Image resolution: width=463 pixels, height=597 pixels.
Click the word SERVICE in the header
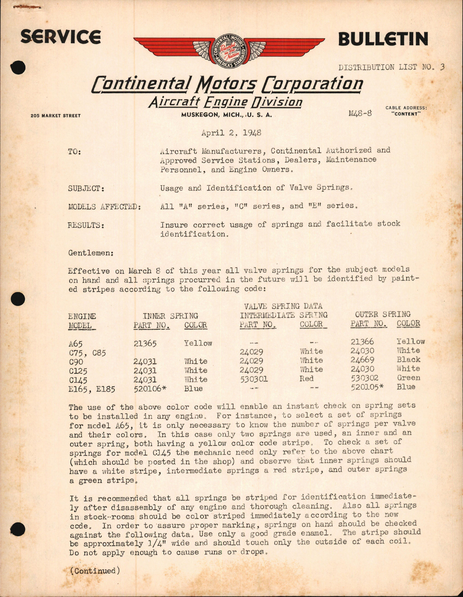(x=61, y=37)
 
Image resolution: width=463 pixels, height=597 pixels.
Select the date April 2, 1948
(x=231, y=133)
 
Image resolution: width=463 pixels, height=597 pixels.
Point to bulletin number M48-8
(x=360, y=113)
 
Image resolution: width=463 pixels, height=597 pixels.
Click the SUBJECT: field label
(x=86, y=188)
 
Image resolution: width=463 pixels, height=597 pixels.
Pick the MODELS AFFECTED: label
(x=104, y=207)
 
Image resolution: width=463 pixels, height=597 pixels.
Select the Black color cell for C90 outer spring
(x=408, y=359)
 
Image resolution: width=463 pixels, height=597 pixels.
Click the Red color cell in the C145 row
(x=306, y=379)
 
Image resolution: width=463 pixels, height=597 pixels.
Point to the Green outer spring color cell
(x=408, y=378)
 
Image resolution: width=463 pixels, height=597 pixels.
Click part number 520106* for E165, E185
(x=150, y=389)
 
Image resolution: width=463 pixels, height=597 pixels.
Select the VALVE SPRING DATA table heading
(x=283, y=306)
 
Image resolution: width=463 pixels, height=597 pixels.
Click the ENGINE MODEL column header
(x=82, y=321)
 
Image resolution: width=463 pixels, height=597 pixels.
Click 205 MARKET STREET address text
(x=56, y=116)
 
